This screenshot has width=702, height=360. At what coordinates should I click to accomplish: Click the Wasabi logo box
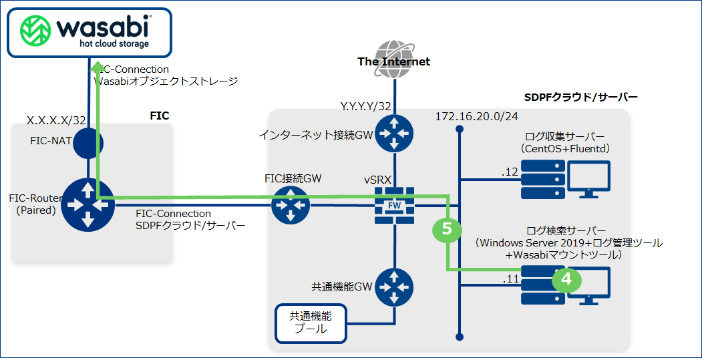pyautogui.click(x=88, y=30)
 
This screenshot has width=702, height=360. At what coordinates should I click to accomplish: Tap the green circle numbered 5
pyautogui.click(x=448, y=229)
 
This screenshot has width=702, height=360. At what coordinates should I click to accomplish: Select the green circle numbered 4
pyautogui.click(x=566, y=279)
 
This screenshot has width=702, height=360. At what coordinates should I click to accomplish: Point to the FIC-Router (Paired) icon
pyautogui.click(x=88, y=203)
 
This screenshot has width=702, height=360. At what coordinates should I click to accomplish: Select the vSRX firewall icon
pyautogui.click(x=395, y=205)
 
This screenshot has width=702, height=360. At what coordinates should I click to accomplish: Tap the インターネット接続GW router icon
pyautogui.click(x=395, y=134)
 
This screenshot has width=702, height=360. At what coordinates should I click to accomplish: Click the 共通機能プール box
pyautogui.click(x=311, y=323)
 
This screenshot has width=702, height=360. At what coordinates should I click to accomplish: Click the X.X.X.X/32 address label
pyautogui.click(x=57, y=120)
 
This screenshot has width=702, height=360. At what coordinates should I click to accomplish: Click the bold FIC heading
pyautogui.click(x=159, y=116)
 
